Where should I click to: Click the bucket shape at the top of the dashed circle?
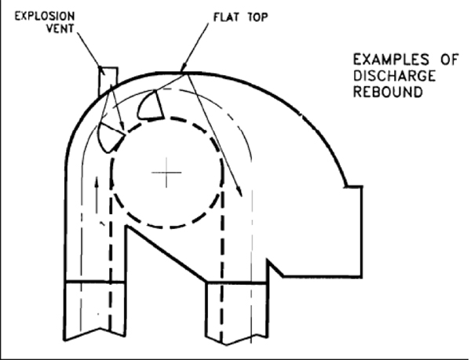150,105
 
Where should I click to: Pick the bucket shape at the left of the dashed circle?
110,138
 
